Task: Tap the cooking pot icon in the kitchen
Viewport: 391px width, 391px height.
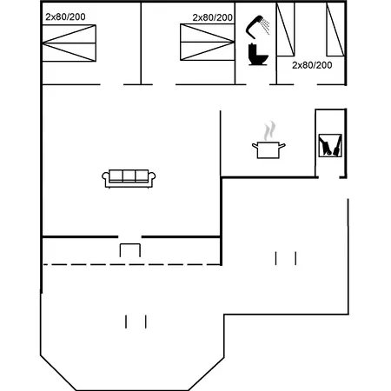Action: pos(268,149)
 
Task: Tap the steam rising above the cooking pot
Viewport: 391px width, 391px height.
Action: pos(269,129)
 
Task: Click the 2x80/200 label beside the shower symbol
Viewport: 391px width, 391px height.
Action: pos(213,17)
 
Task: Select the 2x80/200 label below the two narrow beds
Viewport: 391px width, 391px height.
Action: pos(312,65)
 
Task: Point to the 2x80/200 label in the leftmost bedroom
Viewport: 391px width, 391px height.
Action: pos(66,17)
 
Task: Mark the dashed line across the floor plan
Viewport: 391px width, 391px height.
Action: pos(130,263)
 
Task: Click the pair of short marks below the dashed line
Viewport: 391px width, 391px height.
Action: pos(136,321)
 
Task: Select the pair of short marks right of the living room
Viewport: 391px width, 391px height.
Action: pos(286,258)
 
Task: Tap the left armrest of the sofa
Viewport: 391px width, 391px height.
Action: pos(106,179)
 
